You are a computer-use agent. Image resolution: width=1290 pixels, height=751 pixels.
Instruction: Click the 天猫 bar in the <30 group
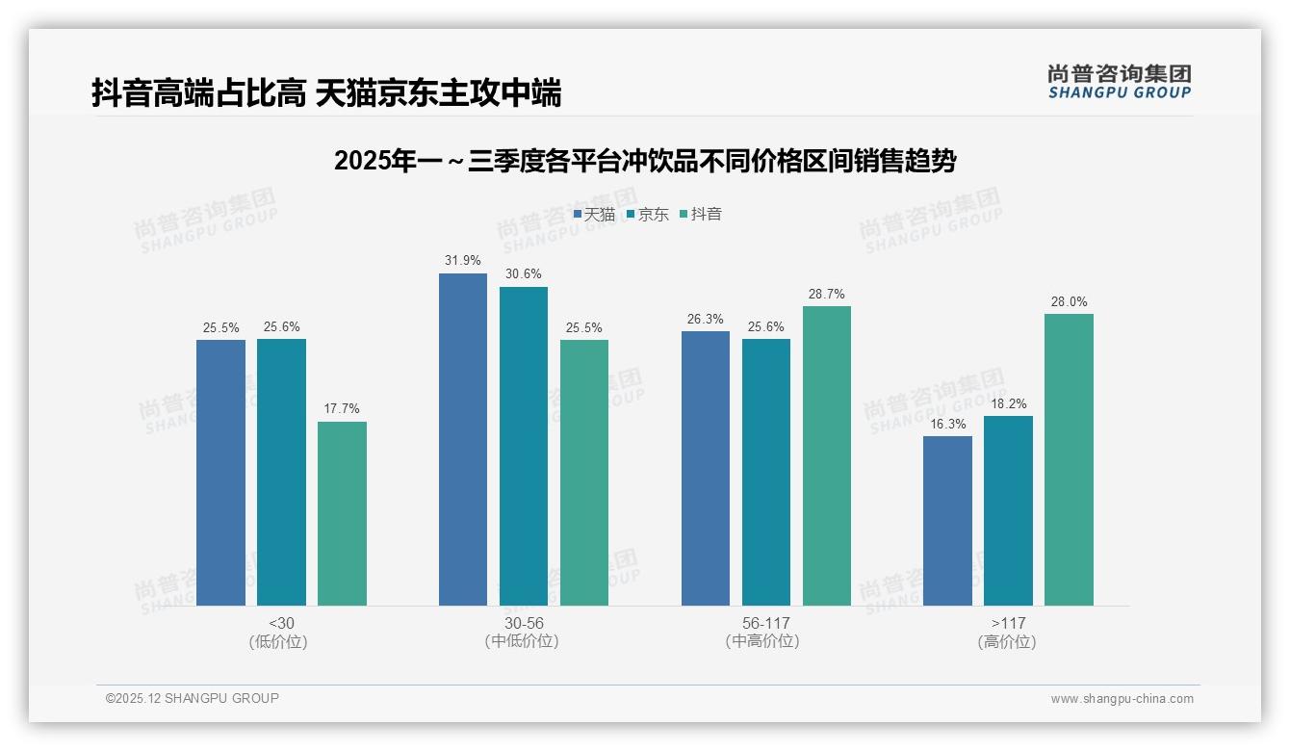(220, 472)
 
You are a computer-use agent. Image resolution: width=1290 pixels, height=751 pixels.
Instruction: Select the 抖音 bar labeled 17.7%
(342, 513)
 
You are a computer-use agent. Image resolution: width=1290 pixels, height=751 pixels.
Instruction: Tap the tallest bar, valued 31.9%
(463, 439)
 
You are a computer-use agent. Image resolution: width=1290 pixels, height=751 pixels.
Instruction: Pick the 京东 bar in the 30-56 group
(524, 446)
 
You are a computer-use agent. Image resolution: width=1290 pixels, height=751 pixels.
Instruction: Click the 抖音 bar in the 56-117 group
(827, 455)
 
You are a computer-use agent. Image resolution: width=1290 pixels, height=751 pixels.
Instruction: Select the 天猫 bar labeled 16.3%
(947, 521)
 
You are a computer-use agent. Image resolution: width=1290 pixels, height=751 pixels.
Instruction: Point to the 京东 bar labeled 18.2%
(1008, 510)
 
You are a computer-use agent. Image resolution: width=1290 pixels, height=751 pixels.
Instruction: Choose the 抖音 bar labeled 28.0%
(1069, 459)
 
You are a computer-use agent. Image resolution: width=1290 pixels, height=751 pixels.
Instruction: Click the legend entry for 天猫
(594, 215)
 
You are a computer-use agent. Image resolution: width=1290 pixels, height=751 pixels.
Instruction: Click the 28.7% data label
(827, 295)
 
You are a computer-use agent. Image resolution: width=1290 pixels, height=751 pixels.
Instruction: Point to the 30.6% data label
(524, 274)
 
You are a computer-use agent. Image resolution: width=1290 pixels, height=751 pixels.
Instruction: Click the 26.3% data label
(706, 320)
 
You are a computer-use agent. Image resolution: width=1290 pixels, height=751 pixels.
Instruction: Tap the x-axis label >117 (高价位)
(1007, 633)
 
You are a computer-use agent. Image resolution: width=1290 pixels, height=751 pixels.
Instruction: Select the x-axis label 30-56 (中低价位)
(523, 633)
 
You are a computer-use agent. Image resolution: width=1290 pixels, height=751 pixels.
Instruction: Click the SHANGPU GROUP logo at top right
(1119, 82)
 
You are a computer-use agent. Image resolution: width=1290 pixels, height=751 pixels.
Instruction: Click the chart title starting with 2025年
(644, 161)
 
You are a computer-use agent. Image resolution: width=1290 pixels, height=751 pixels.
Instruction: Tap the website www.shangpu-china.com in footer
(1122, 699)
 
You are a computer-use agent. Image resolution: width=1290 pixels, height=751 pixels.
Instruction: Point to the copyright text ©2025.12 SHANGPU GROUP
(193, 698)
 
